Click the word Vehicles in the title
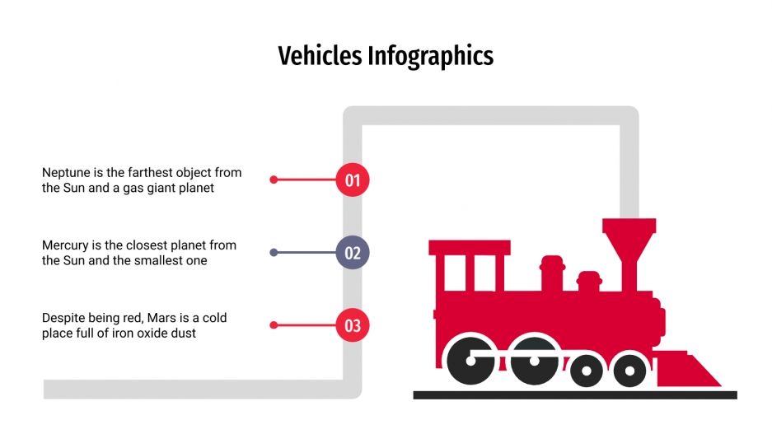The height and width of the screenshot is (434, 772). (x=320, y=56)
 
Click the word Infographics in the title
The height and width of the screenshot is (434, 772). (x=430, y=56)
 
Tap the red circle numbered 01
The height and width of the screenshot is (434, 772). (x=353, y=180)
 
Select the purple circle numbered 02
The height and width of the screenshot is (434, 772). (x=353, y=253)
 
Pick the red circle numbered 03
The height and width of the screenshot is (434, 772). (x=353, y=325)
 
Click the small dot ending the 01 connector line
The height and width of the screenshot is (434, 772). (x=274, y=180)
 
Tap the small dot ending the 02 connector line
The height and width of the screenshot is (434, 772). (x=274, y=253)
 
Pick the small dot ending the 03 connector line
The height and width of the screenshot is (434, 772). (x=274, y=325)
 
